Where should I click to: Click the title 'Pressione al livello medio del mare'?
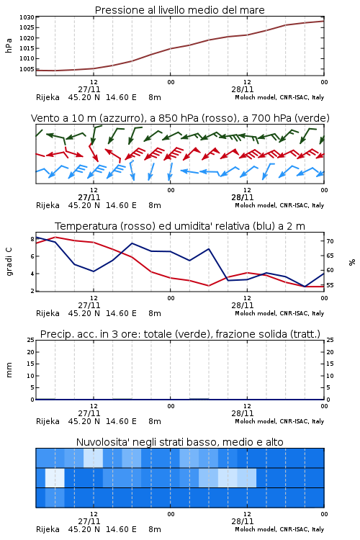pyautogui.click(x=179, y=10)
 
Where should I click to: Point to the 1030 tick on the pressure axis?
pyautogui.click(x=27, y=17)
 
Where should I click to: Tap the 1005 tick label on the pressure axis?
pyautogui.click(x=27, y=69)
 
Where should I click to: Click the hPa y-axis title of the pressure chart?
pyautogui.click(x=9, y=45)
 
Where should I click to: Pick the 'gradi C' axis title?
pyautogui.click(x=9, y=262)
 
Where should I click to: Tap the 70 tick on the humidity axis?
pyautogui.click(x=330, y=241)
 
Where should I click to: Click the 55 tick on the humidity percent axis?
pyautogui.click(x=330, y=285)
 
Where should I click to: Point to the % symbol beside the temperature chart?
pyautogui.click(x=352, y=262)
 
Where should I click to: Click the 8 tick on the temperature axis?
pyautogui.click(x=32, y=239)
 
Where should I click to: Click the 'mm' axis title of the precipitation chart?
pyautogui.click(x=9, y=370)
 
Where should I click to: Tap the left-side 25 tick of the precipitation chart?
pyautogui.click(x=31, y=340)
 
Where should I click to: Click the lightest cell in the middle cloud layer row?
pyautogui.click(x=55, y=477)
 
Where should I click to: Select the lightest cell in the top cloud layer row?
pyautogui.click(x=93, y=458)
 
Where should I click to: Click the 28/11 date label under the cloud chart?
pyautogui.click(x=243, y=521)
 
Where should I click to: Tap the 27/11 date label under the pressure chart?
pyautogui.click(x=89, y=89)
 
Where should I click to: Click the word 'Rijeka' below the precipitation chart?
pyautogui.click(x=48, y=421)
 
